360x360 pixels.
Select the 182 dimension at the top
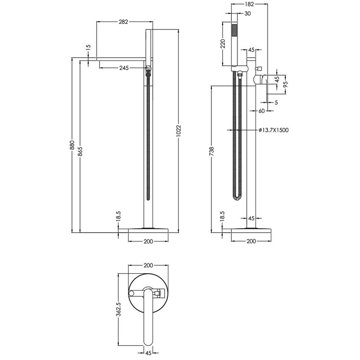pyautogui.click(x=250, y=4)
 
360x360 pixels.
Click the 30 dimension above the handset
pyautogui.click(x=247, y=13)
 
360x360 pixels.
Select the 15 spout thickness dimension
pyautogui.click(x=88, y=47)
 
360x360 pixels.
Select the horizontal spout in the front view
pyautogui.click(x=121, y=59)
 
